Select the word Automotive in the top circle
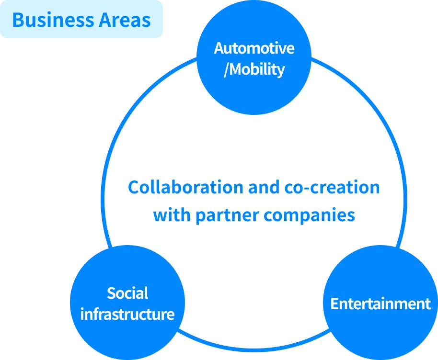(x=254, y=48)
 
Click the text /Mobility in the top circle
(x=254, y=69)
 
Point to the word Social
(x=127, y=293)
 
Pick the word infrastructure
(x=127, y=315)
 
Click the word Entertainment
(x=380, y=304)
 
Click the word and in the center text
(x=263, y=187)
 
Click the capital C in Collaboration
(x=133, y=187)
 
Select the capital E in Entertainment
(x=334, y=304)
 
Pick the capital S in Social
(x=111, y=293)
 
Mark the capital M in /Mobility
(x=235, y=69)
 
